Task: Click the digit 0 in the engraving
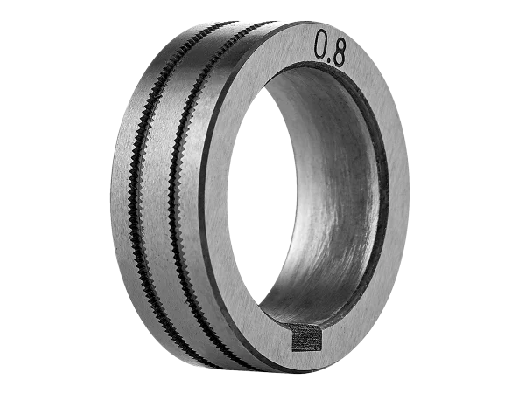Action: tap(322, 45)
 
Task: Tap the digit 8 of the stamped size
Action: tap(339, 52)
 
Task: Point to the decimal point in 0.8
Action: tap(330, 62)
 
